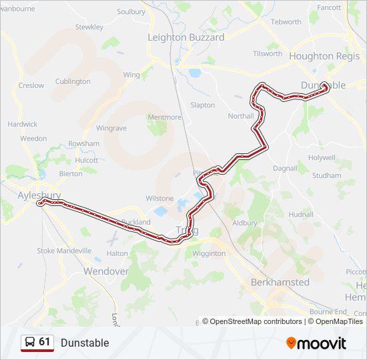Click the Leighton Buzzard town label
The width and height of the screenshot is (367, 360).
(x=186, y=37)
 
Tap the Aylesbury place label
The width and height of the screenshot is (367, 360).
(x=39, y=195)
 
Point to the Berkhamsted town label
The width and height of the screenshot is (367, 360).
(x=280, y=282)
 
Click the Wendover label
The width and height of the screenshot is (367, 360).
(x=105, y=271)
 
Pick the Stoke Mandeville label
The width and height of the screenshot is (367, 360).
(x=64, y=251)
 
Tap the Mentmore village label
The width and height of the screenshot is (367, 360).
(x=164, y=117)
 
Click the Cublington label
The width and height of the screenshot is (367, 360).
(x=73, y=81)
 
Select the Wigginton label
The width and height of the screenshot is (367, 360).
(x=209, y=254)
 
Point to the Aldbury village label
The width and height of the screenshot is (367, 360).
(x=244, y=222)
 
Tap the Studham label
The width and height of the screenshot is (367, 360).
(x=327, y=176)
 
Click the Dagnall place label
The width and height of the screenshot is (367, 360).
(x=285, y=169)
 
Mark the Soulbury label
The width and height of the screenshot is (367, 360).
(x=131, y=12)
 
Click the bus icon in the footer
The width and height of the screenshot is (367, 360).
(x=29, y=343)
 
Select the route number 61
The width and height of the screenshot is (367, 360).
(x=45, y=342)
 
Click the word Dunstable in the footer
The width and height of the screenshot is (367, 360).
(x=85, y=343)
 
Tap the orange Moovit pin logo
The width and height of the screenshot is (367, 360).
(x=292, y=343)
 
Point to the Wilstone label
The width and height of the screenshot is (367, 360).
(x=160, y=199)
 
